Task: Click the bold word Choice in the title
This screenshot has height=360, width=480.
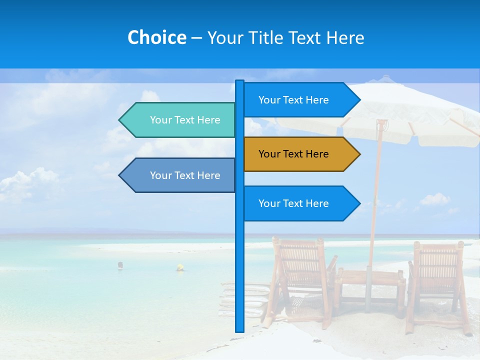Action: click(156, 37)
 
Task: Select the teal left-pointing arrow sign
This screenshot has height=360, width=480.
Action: click(180, 120)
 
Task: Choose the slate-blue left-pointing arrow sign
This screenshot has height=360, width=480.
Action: click(180, 175)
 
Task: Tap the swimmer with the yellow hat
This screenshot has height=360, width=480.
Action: click(179, 267)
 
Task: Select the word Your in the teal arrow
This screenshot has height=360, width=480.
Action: click(160, 120)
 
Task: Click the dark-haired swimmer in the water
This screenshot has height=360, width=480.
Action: click(120, 265)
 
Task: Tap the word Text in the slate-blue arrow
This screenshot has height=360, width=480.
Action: click(185, 175)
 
